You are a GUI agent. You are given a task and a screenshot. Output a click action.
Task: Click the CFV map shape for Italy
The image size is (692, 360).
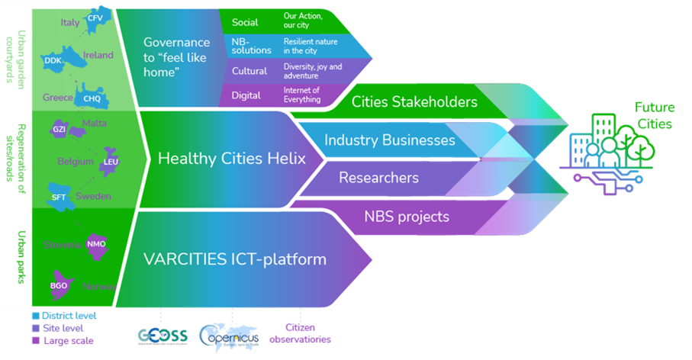95,19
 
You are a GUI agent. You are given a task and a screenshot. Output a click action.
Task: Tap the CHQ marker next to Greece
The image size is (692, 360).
92,97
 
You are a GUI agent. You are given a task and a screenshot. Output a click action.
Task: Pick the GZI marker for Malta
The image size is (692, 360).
60,130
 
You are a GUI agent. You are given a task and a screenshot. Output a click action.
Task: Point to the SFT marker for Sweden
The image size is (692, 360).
58,196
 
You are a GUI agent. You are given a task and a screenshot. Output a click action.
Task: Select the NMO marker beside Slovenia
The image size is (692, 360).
95,244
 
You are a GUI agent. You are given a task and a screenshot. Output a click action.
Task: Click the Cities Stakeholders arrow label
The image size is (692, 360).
414,101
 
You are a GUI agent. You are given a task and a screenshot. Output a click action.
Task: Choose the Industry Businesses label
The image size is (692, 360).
390,140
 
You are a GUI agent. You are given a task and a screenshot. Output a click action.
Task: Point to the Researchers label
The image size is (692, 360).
378,178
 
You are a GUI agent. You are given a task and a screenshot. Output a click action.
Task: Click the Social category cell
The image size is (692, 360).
245,22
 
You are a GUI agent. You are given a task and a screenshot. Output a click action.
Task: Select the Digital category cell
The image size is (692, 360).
246,95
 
